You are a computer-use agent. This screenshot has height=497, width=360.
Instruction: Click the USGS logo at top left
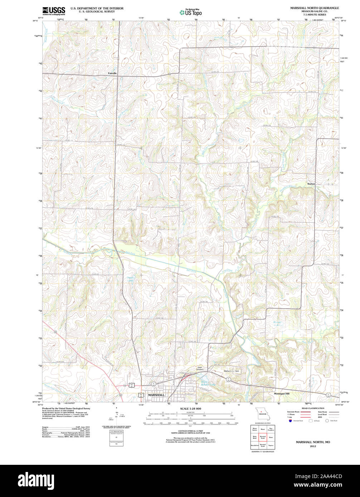[x=54, y=10]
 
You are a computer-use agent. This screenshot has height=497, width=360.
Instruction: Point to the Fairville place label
[x=112, y=73]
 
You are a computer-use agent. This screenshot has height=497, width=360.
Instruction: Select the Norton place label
[x=311, y=183]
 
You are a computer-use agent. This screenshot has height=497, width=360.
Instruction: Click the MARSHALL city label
[x=156, y=395]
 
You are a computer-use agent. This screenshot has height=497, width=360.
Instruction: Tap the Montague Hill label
[x=282, y=393]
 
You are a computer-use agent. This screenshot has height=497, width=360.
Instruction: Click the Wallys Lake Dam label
[x=231, y=371]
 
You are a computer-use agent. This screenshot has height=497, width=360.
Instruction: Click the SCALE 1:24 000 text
[x=190, y=408]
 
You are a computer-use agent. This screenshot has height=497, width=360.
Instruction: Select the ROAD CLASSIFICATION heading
[x=312, y=408]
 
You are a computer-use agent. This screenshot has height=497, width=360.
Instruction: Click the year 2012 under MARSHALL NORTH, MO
[x=313, y=446]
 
